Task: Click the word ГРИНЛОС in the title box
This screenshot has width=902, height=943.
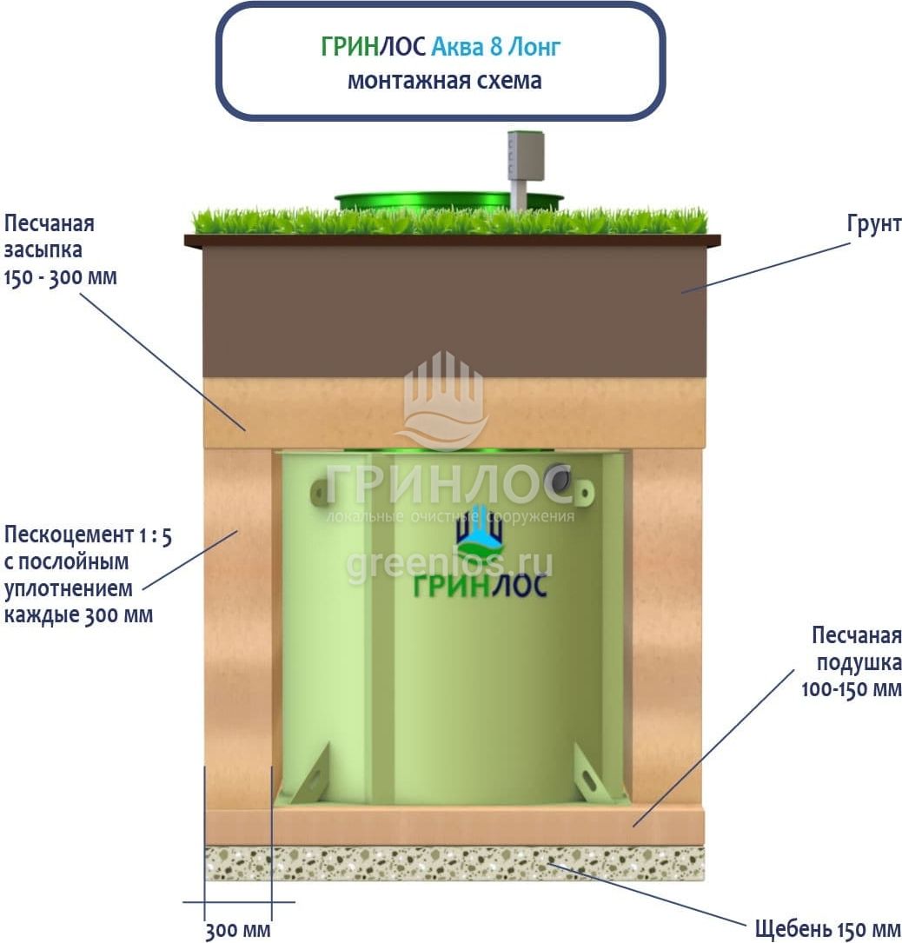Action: (374, 46)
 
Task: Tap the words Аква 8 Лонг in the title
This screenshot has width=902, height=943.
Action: (496, 46)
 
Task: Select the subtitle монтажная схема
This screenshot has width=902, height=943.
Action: (444, 80)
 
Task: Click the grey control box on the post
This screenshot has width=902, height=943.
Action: (527, 156)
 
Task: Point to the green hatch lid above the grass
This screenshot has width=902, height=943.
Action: (449, 202)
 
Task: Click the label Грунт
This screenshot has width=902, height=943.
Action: (873, 224)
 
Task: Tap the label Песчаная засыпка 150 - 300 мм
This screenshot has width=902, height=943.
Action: (60, 250)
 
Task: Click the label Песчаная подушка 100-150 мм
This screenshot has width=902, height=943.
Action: (852, 661)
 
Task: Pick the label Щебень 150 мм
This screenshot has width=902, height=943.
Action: (828, 928)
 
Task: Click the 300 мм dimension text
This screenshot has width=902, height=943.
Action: (238, 930)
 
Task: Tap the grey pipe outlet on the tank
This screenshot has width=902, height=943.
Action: (560, 479)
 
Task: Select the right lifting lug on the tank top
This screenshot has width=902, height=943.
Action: (583, 493)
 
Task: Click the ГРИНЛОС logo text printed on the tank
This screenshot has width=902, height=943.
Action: (480, 585)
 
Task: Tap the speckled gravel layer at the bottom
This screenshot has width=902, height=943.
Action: (454, 862)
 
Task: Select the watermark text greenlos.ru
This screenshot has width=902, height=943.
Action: (449, 564)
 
